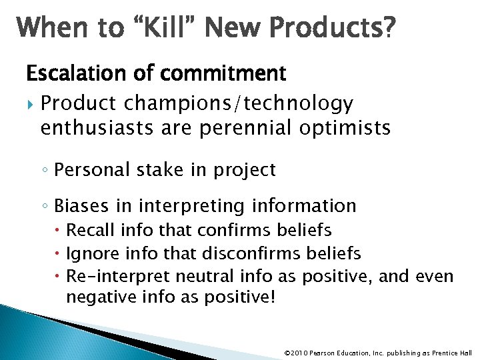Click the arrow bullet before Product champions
coord(29,104)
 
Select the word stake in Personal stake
coord(169,170)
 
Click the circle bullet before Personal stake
coord(45,171)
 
